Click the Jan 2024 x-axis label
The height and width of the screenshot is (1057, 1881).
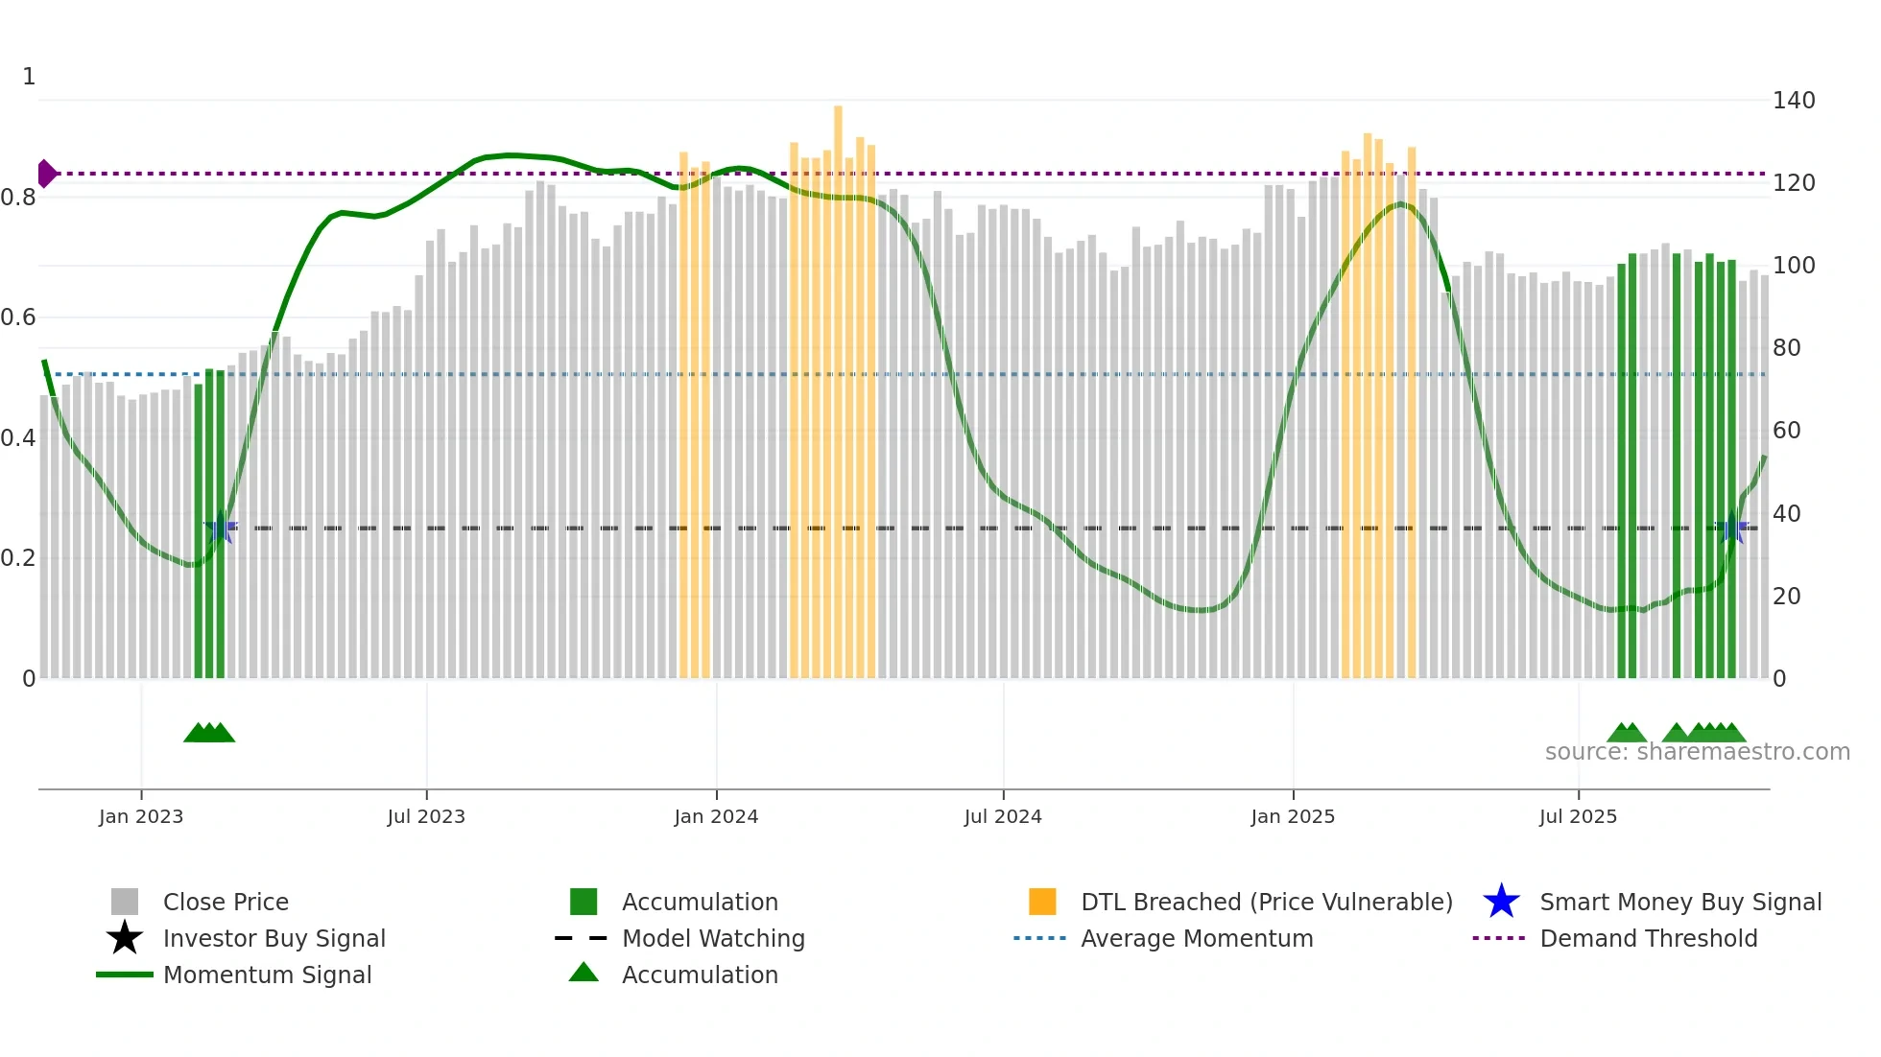click(716, 816)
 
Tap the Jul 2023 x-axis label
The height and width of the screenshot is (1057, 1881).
click(426, 816)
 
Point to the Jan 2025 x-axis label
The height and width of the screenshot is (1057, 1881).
click(1293, 816)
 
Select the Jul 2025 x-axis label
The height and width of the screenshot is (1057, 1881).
click(1578, 816)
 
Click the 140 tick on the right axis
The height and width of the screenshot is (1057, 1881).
click(1793, 101)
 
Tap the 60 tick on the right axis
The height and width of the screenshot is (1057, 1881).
click(1786, 431)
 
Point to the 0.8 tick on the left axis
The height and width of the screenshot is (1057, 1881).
click(18, 198)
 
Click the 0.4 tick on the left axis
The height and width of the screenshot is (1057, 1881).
click(18, 438)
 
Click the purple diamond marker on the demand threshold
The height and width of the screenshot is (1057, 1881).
click(46, 174)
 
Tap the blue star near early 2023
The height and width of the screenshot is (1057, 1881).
click(221, 528)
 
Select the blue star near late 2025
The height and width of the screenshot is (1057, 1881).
click(1732, 528)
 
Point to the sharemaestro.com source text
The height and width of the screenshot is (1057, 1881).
click(1697, 752)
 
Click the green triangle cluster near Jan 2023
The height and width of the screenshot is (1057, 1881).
click(209, 733)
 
